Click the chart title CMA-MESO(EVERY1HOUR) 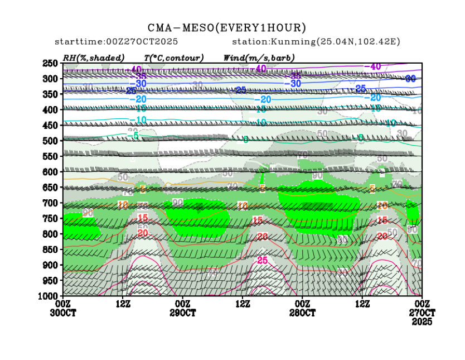point(227,27)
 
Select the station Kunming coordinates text point(316,42)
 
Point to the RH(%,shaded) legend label point(93,57)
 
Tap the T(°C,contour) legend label point(173,57)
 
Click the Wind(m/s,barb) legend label point(259,57)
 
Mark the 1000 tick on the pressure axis point(49,295)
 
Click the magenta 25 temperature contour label point(262,261)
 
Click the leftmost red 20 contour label point(143,233)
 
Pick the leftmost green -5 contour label point(133,136)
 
